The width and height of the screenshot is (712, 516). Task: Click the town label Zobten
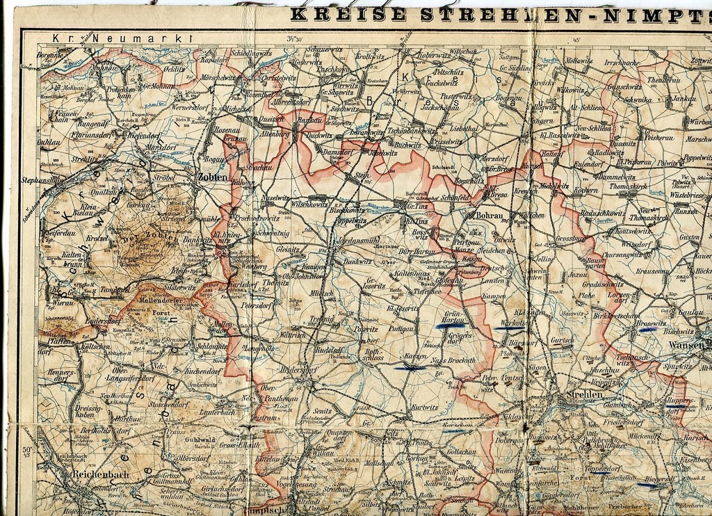(x=213, y=177)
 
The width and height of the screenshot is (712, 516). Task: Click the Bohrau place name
(x=494, y=216)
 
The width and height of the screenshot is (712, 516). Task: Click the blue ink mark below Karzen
(x=413, y=367)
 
